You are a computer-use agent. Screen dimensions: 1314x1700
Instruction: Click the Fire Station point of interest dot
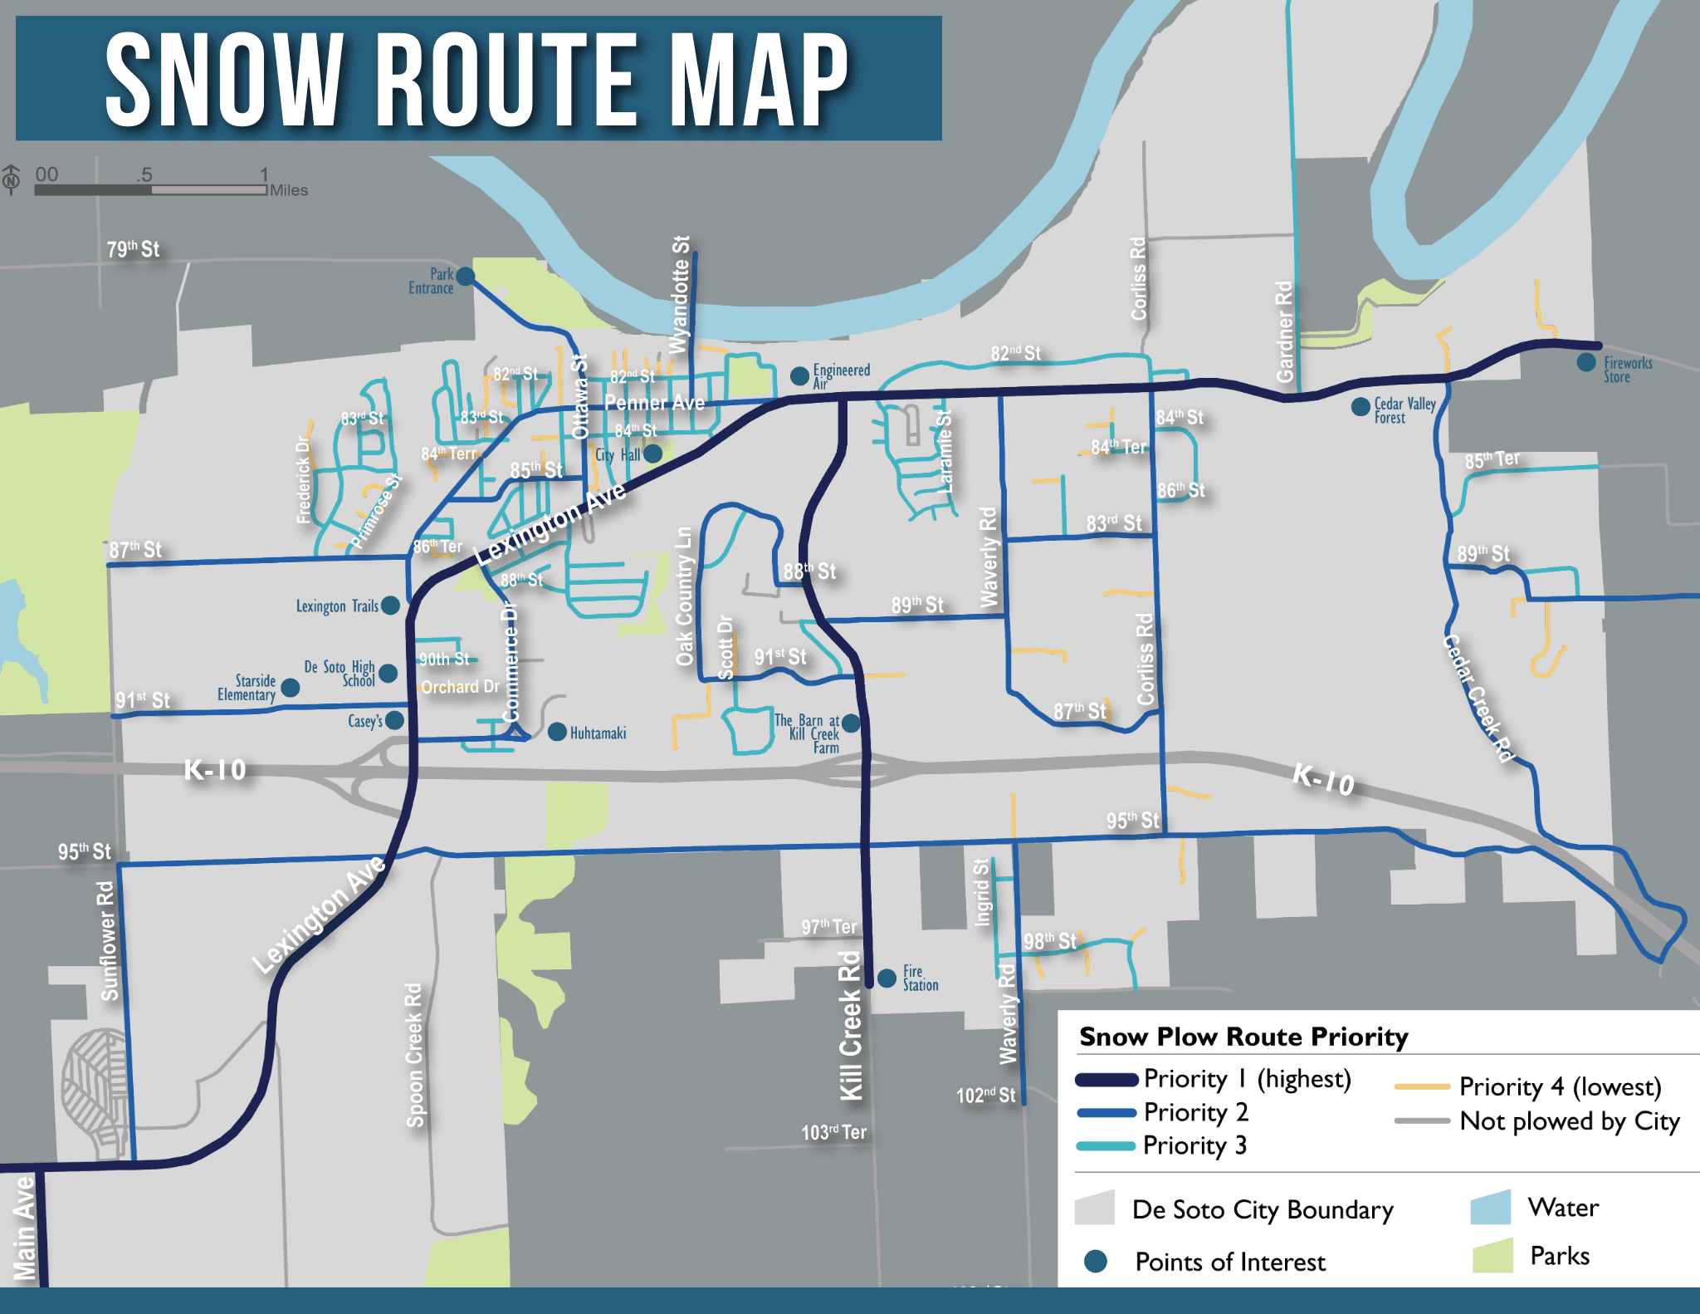click(887, 978)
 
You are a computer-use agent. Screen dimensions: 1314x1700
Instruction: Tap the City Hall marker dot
click(653, 454)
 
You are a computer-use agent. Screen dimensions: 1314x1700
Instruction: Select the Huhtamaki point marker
click(558, 732)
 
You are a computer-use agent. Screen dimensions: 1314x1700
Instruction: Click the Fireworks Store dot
click(1586, 362)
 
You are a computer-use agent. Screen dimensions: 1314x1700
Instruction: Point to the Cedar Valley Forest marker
click(1360, 407)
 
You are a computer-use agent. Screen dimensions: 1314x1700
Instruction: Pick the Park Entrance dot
click(466, 276)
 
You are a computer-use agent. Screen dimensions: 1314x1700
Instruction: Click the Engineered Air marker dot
click(799, 376)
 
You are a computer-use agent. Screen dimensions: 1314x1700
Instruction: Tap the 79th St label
click(133, 249)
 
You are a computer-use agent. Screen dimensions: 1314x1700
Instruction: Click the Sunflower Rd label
click(107, 941)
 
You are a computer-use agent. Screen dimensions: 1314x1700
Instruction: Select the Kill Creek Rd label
click(851, 1025)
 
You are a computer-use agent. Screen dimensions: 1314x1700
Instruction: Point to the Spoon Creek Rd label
click(413, 1055)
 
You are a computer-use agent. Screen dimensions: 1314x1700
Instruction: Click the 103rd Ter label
click(833, 1132)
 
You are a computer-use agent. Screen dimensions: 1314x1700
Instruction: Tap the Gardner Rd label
click(1284, 331)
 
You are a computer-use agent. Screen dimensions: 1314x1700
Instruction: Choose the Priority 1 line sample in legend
click(1106, 1080)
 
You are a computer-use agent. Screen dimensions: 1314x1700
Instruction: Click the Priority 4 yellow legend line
click(1422, 1086)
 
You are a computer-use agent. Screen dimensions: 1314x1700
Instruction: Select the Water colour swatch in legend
click(1490, 1208)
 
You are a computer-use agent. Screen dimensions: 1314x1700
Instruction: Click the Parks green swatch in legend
click(1492, 1256)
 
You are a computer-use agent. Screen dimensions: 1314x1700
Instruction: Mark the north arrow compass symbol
click(12, 179)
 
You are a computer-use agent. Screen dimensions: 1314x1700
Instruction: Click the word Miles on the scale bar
click(289, 190)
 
